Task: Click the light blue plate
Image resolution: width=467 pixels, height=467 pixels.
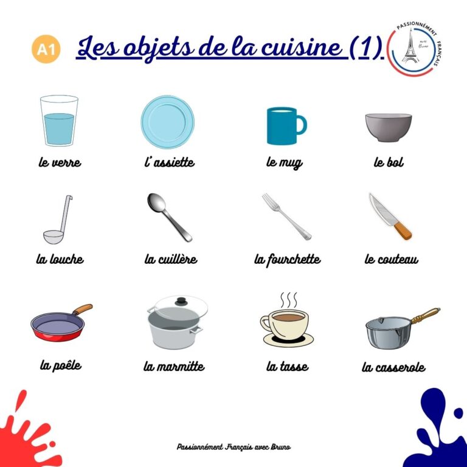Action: pyautogui.click(x=167, y=121)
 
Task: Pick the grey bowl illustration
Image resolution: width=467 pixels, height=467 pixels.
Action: pyautogui.click(x=388, y=127)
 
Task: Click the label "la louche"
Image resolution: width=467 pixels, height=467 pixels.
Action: pyautogui.click(x=60, y=259)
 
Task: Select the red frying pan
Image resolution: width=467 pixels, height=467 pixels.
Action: pyautogui.click(x=57, y=326)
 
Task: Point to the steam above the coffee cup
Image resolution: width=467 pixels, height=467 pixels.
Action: pyautogui.click(x=288, y=300)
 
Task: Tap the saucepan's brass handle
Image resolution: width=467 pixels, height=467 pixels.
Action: pyautogui.click(x=425, y=315)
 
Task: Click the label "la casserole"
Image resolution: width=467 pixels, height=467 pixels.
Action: pyautogui.click(x=393, y=367)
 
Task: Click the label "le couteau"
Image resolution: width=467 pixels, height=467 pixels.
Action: pyautogui.click(x=391, y=260)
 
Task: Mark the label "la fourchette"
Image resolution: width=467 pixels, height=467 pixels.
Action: pyautogui.click(x=287, y=260)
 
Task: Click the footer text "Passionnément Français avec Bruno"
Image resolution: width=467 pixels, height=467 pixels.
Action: pyautogui.click(x=233, y=446)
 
